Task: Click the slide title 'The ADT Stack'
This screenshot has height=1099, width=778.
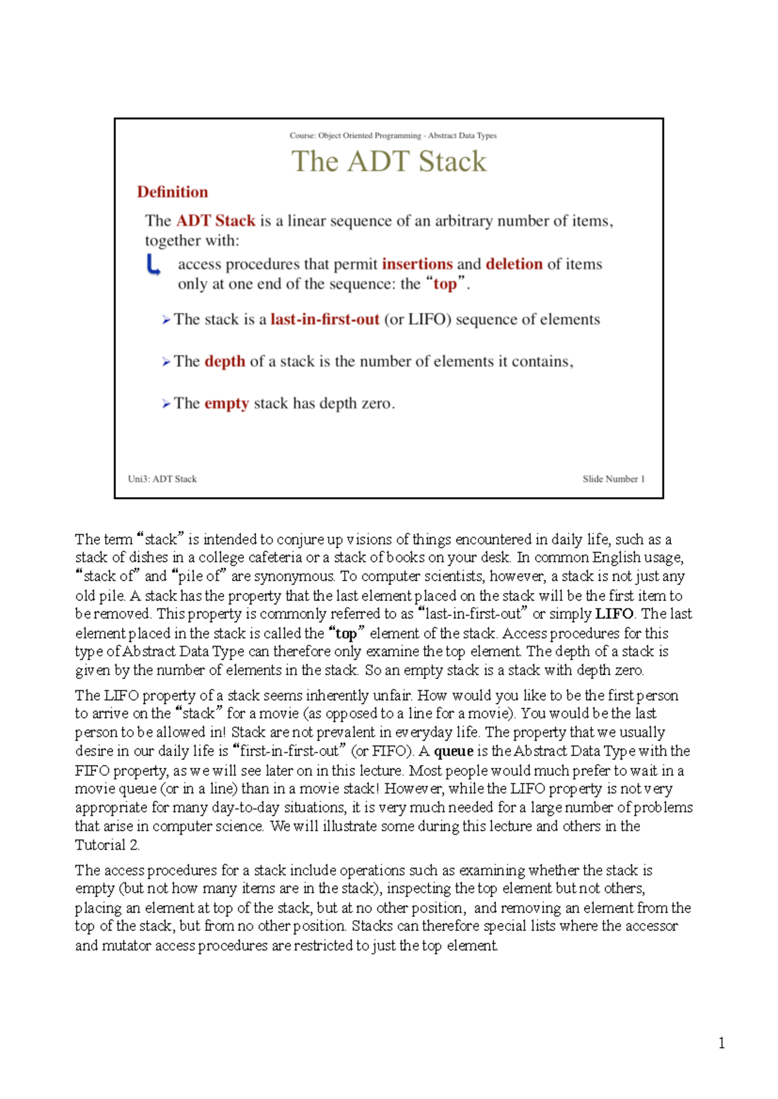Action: tap(389, 161)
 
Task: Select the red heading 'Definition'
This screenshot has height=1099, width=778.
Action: tap(172, 192)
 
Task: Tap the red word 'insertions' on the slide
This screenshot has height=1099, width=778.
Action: tap(417, 264)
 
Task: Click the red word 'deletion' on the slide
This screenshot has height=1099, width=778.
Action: tap(513, 264)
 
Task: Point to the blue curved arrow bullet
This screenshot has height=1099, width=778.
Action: tap(154, 265)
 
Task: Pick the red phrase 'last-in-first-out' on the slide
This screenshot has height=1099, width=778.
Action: tap(324, 319)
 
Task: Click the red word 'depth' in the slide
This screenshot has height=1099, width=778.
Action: tap(224, 362)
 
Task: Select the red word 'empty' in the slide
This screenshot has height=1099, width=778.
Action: tap(226, 404)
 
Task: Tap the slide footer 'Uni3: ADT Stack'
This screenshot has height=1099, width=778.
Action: tap(162, 479)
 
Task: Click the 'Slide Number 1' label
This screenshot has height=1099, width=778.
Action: tap(613, 479)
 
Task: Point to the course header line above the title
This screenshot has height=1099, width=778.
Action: tap(393, 135)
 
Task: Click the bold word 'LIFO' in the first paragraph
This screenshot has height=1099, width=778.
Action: tap(614, 614)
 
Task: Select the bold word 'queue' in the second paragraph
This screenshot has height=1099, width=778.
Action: tap(453, 752)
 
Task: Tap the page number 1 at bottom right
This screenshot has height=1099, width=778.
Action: tap(722, 1043)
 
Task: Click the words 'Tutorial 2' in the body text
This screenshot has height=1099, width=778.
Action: tap(106, 845)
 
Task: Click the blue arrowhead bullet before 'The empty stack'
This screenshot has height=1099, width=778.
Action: tap(166, 404)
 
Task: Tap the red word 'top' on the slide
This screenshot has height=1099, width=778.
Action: tap(445, 284)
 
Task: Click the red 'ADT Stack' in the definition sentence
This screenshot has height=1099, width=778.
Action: tap(216, 221)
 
